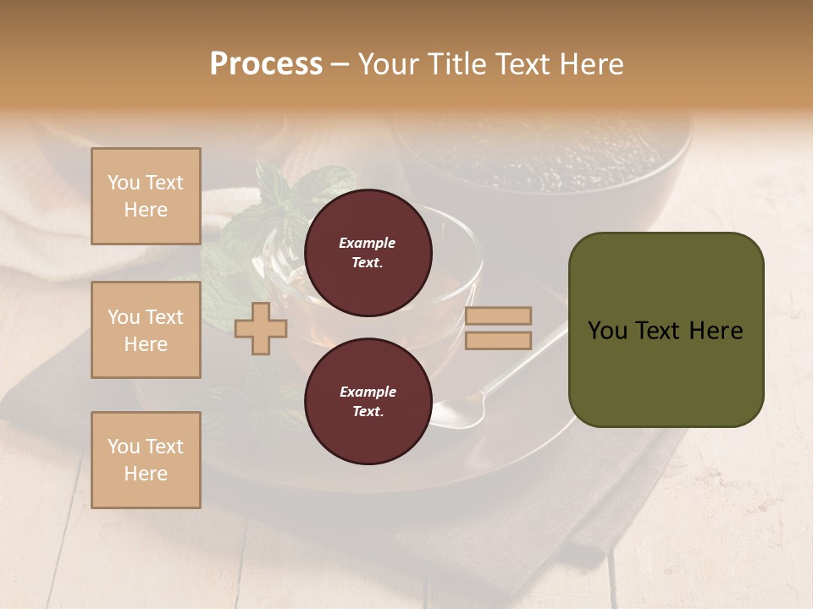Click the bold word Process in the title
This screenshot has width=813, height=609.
[x=266, y=64]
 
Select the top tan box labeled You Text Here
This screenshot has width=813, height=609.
[x=146, y=196]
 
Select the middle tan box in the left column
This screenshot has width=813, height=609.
[x=146, y=330]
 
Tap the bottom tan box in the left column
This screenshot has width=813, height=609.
[x=146, y=459]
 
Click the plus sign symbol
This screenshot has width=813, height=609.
[x=260, y=328]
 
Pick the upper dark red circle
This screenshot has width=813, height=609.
[x=368, y=252]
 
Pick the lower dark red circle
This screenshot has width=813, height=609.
[x=368, y=401]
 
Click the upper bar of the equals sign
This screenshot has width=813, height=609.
[x=498, y=315]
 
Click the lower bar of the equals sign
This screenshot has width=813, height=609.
[x=498, y=340]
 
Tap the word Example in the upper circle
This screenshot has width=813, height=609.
[x=367, y=243]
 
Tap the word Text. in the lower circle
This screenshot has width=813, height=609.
[x=367, y=411]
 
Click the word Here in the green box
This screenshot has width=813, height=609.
[x=715, y=331]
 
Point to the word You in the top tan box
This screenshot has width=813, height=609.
[x=123, y=183]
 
